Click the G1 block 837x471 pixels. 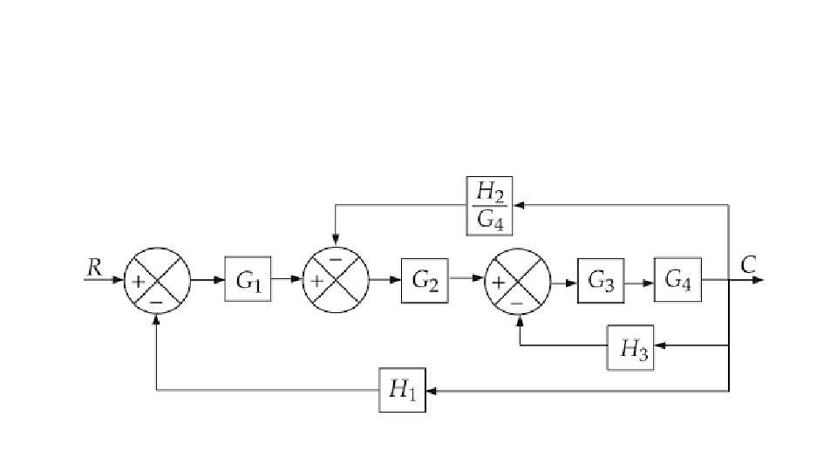point(248,280)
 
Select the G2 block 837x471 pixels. point(425,280)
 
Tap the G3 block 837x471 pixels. point(601,280)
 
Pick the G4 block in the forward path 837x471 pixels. point(677,280)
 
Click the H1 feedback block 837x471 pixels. point(402,391)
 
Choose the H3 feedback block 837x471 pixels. point(630,347)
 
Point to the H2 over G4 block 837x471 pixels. point(489,205)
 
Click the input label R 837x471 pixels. point(94,266)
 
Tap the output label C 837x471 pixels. point(748,264)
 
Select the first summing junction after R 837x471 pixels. point(157,280)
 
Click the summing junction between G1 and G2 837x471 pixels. point(336,280)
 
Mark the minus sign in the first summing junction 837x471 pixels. point(157,301)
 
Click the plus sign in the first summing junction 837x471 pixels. point(138,281)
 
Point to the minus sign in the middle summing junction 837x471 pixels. point(336,260)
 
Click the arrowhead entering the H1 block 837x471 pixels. point(431,391)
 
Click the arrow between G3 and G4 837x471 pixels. point(643,281)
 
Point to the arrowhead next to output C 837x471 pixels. point(758,280)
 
